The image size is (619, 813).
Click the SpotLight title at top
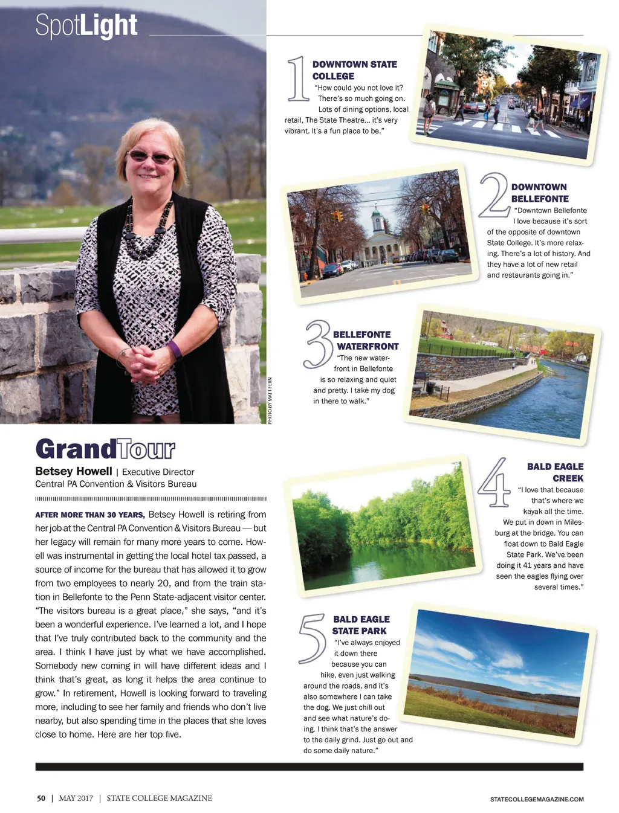(x=86, y=26)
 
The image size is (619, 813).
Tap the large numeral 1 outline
(x=297, y=79)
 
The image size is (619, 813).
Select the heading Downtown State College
(x=354, y=70)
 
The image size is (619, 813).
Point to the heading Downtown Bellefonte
(x=540, y=193)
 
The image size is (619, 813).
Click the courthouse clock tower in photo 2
(x=378, y=222)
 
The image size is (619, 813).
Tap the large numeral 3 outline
(x=318, y=344)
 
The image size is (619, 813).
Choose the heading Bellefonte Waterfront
(x=366, y=340)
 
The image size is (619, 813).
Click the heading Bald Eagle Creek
(x=555, y=472)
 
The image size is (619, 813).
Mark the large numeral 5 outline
(x=313, y=638)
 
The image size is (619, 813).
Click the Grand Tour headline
(x=105, y=449)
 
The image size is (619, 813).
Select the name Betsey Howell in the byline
(x=74, y=471)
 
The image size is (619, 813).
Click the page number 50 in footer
(x=41, y=798)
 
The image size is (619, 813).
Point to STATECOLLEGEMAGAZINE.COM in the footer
(x=537, y=799)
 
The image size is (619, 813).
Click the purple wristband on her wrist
(x=175, y=350)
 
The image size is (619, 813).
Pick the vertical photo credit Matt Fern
(x=270, y=400)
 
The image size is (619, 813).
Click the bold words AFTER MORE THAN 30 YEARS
(x=89, y=515)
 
